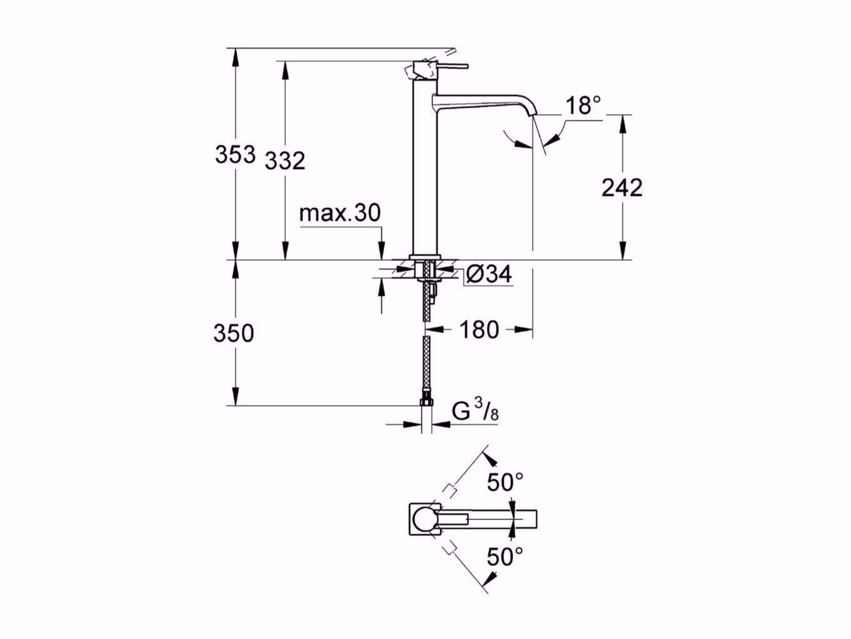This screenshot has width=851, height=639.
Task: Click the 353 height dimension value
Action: pos(235,154)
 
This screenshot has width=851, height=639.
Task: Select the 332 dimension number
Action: pos(285,161)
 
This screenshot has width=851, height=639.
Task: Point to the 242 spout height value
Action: pos(622,187)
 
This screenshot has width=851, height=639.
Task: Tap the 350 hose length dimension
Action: pos(234,333)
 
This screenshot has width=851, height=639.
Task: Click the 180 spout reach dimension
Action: pos(480,329)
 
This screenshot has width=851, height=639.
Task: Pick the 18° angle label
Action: pos(583,106)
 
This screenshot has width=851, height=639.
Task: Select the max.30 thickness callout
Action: pos(340,213)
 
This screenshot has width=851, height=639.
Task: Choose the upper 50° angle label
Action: pos(505,483)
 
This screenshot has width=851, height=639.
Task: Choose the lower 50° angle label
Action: pos(505,556)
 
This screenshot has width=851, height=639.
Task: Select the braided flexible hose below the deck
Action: pos(426,363)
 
